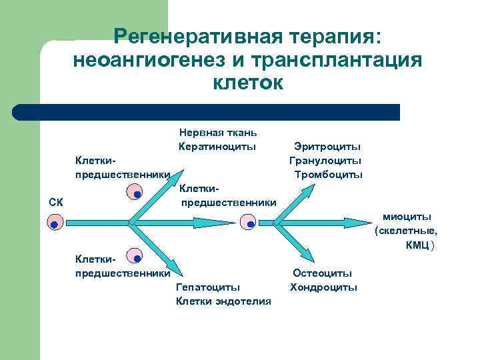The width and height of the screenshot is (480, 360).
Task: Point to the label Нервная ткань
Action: [218, 133]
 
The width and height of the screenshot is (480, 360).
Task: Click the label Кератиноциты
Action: [218, 146]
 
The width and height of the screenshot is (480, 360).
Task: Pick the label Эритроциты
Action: [327, 146]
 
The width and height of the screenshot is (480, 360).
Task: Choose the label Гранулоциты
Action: [325, 160]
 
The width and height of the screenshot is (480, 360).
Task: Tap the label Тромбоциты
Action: [328, 174]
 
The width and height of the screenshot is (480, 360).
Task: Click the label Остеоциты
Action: [323, 273]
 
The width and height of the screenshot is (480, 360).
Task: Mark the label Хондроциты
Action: [323, 287]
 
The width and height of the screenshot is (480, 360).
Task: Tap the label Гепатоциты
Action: [207, 287]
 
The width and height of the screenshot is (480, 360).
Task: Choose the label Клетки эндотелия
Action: [223, 301]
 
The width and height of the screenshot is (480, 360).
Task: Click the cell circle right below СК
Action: [55, 223]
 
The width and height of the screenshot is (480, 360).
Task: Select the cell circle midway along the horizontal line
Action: [248, 222]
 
